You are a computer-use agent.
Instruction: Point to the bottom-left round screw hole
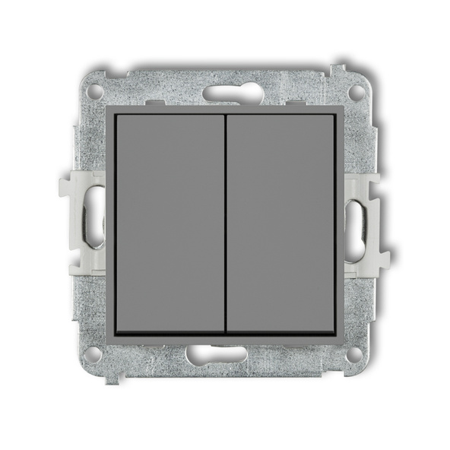tap(93, 353)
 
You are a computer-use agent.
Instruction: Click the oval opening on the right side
tap(356, 222)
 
